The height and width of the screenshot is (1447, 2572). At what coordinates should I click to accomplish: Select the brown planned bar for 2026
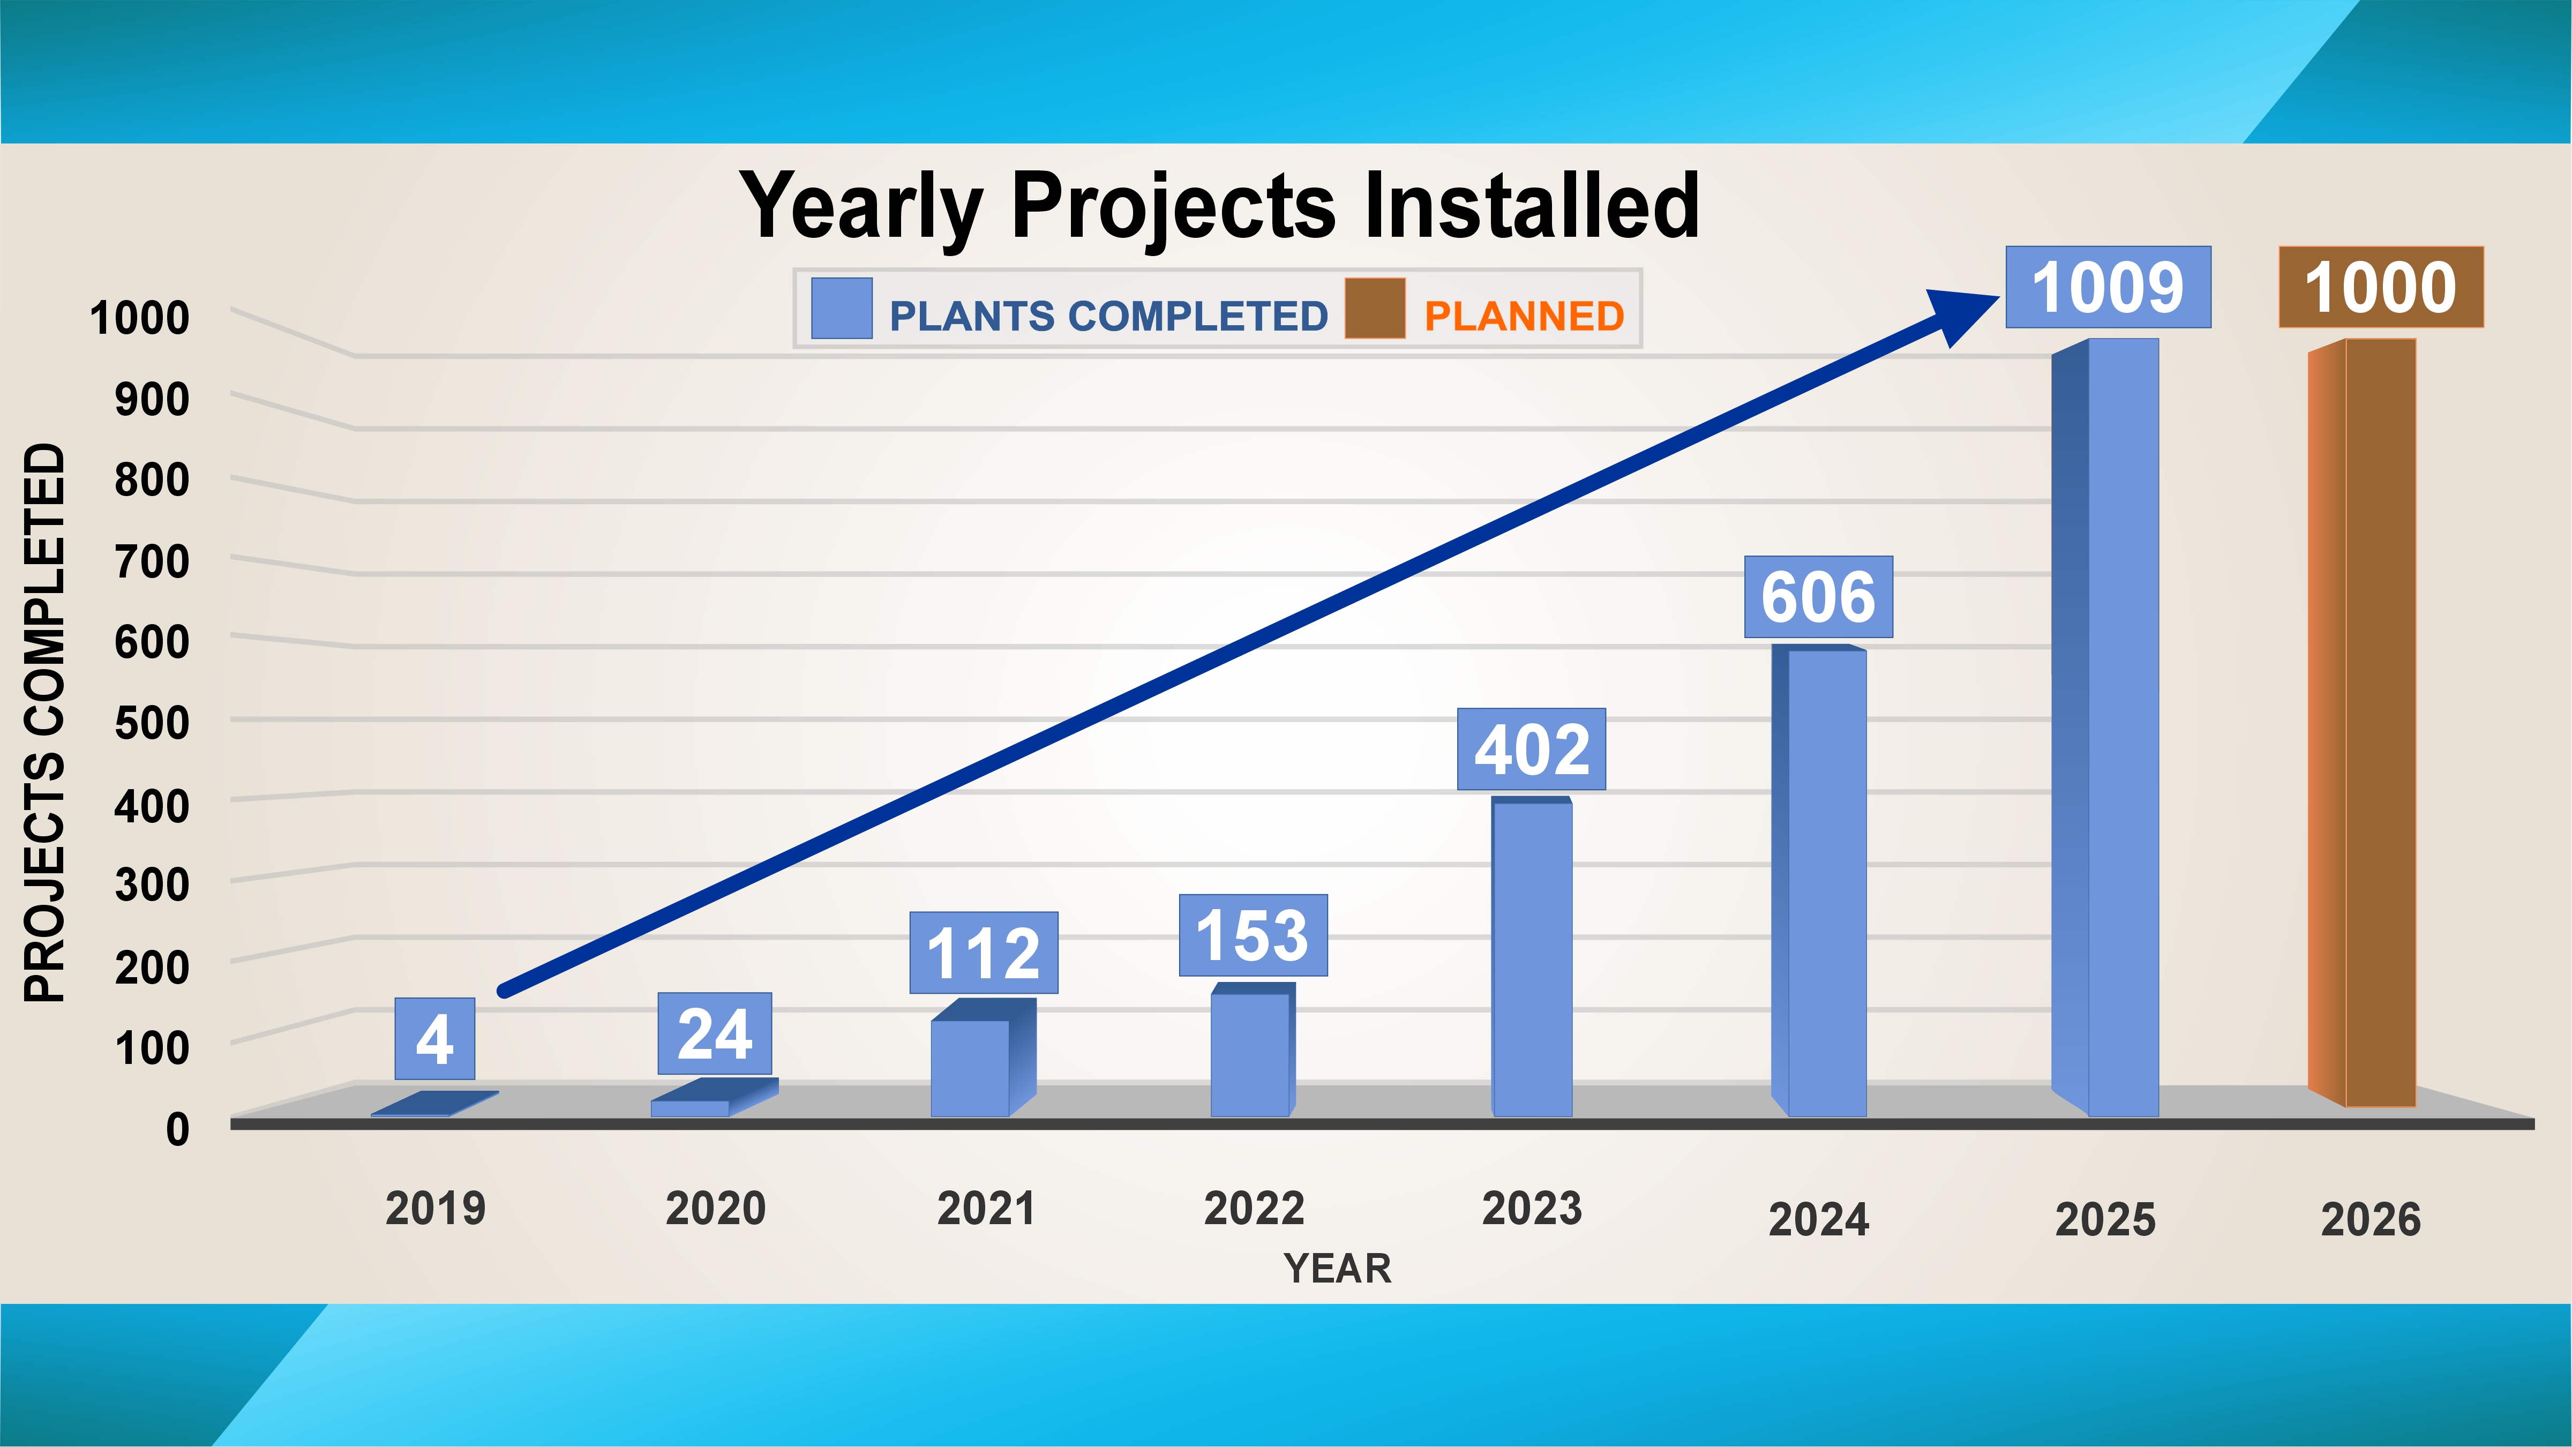point(2363,723)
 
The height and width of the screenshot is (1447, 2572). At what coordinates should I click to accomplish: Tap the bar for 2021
point(984,1059)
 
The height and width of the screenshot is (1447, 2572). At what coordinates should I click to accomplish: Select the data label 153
point(1253,936)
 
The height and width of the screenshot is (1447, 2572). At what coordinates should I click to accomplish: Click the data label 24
point(715,1033)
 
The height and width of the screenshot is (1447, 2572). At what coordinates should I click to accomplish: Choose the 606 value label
point(1818,597)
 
